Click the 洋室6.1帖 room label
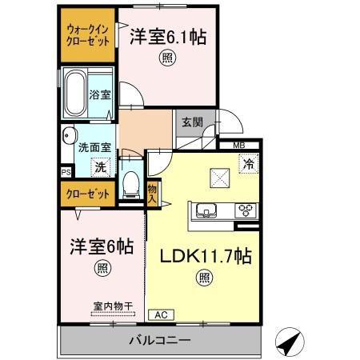point(168,38)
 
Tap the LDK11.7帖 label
point(206,256)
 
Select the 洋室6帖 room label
point(102,246)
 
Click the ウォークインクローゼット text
point(88,35)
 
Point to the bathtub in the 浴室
point(76,94)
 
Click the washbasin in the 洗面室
point(69,135)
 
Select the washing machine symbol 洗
point(101,167)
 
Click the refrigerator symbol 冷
point(249,164)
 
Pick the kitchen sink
point(206,211)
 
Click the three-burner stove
point(246,210)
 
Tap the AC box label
point(161,315)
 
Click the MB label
point(239,146)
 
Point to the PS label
point(66,172)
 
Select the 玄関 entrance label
point(193,122)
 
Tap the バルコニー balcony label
point(160,340)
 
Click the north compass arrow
point(290,342)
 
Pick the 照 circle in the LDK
point(205,278)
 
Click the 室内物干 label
point(113,306)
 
